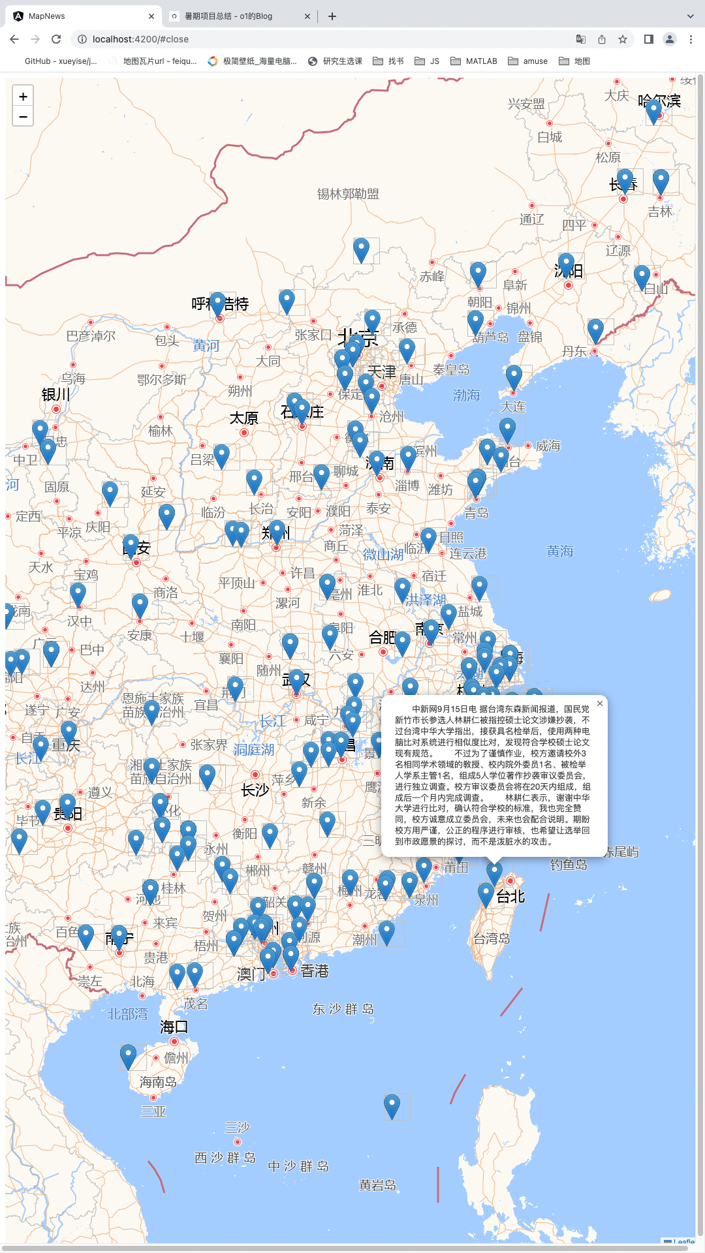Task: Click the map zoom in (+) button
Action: coord(23,97)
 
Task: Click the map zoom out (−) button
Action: coord(23,117)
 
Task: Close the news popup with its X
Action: coord(600,704)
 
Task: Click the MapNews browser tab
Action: coord(47,16)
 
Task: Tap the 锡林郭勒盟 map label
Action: coord(348,194)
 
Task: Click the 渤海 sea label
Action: coord(466,395)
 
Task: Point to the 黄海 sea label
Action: coord(559,551)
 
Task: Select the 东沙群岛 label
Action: coord(343,1009)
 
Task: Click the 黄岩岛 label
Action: coord(378,1184)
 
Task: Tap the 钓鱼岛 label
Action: coord(569,865)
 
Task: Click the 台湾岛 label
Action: coord(492,938)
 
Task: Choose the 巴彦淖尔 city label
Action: coord(91,336)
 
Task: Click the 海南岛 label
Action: coord(158,1082)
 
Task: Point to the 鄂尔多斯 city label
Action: coord(162,379)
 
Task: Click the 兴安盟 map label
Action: coord(526,104)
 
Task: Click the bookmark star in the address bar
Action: coord(623,39)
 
